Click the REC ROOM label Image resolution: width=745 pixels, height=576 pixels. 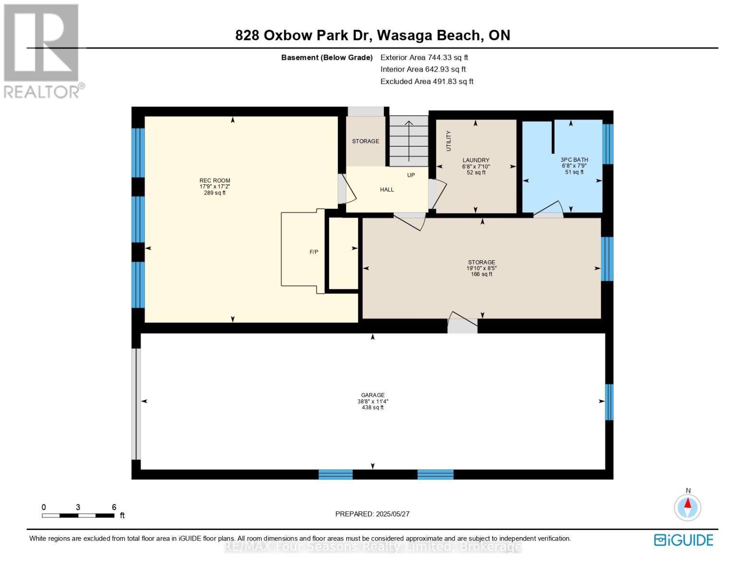(x=214, y=180)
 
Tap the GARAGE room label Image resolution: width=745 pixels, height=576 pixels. (x=373, y=395)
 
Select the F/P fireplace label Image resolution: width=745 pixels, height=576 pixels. (x=314, y=252)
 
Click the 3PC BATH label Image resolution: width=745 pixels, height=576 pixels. (x=574, y=160)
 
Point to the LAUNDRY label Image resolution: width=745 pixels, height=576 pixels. (x=476, y=160)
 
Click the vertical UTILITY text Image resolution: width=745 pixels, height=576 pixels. (x=449, y=141)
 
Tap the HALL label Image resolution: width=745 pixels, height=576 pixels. (x=387, y=190)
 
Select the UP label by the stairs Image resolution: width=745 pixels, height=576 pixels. (x=411, y=175)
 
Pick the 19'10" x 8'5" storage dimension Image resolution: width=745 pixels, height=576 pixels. (x=482, y=268)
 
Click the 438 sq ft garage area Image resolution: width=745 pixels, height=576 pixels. (x=373, y=408)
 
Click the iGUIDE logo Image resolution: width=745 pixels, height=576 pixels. (x=683, y=540)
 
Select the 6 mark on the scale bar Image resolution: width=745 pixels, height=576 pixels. (x=114, y=507)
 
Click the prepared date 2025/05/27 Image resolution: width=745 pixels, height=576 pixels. (x=392, y=514)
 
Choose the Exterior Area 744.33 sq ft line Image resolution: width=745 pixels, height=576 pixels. (x=424, y=57)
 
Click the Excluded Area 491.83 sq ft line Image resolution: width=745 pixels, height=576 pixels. (x=426, y=82)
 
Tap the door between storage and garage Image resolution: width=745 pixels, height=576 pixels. (x=462, y=322)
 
